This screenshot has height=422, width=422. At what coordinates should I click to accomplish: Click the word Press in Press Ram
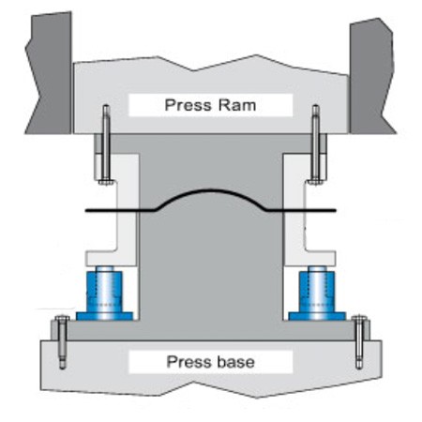[187, 105]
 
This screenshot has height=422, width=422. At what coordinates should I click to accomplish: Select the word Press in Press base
[188, 361]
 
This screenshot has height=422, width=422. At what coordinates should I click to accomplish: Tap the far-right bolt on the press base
[361, 342]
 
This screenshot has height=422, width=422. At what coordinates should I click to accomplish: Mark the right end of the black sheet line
[334, 210]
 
